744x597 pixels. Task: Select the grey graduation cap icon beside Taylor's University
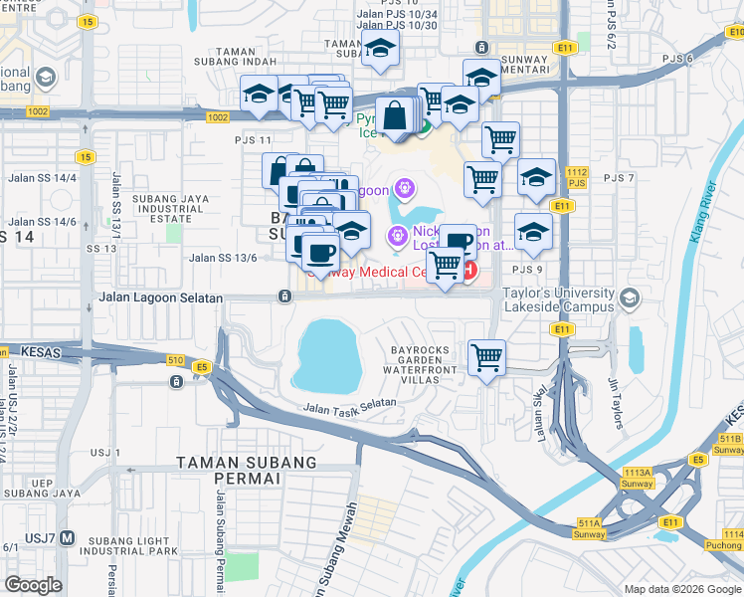point(629,298)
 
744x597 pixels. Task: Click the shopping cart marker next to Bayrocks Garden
point(486,356)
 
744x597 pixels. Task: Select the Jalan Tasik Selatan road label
point(349,405)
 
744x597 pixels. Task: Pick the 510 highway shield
point(175,359)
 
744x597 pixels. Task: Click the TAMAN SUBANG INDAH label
point(246,58)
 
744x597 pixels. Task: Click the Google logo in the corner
point(33,584)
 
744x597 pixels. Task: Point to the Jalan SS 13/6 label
point(224,258)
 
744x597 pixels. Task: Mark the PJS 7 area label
point(618,178)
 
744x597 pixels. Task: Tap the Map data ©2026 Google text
point(681,589)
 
